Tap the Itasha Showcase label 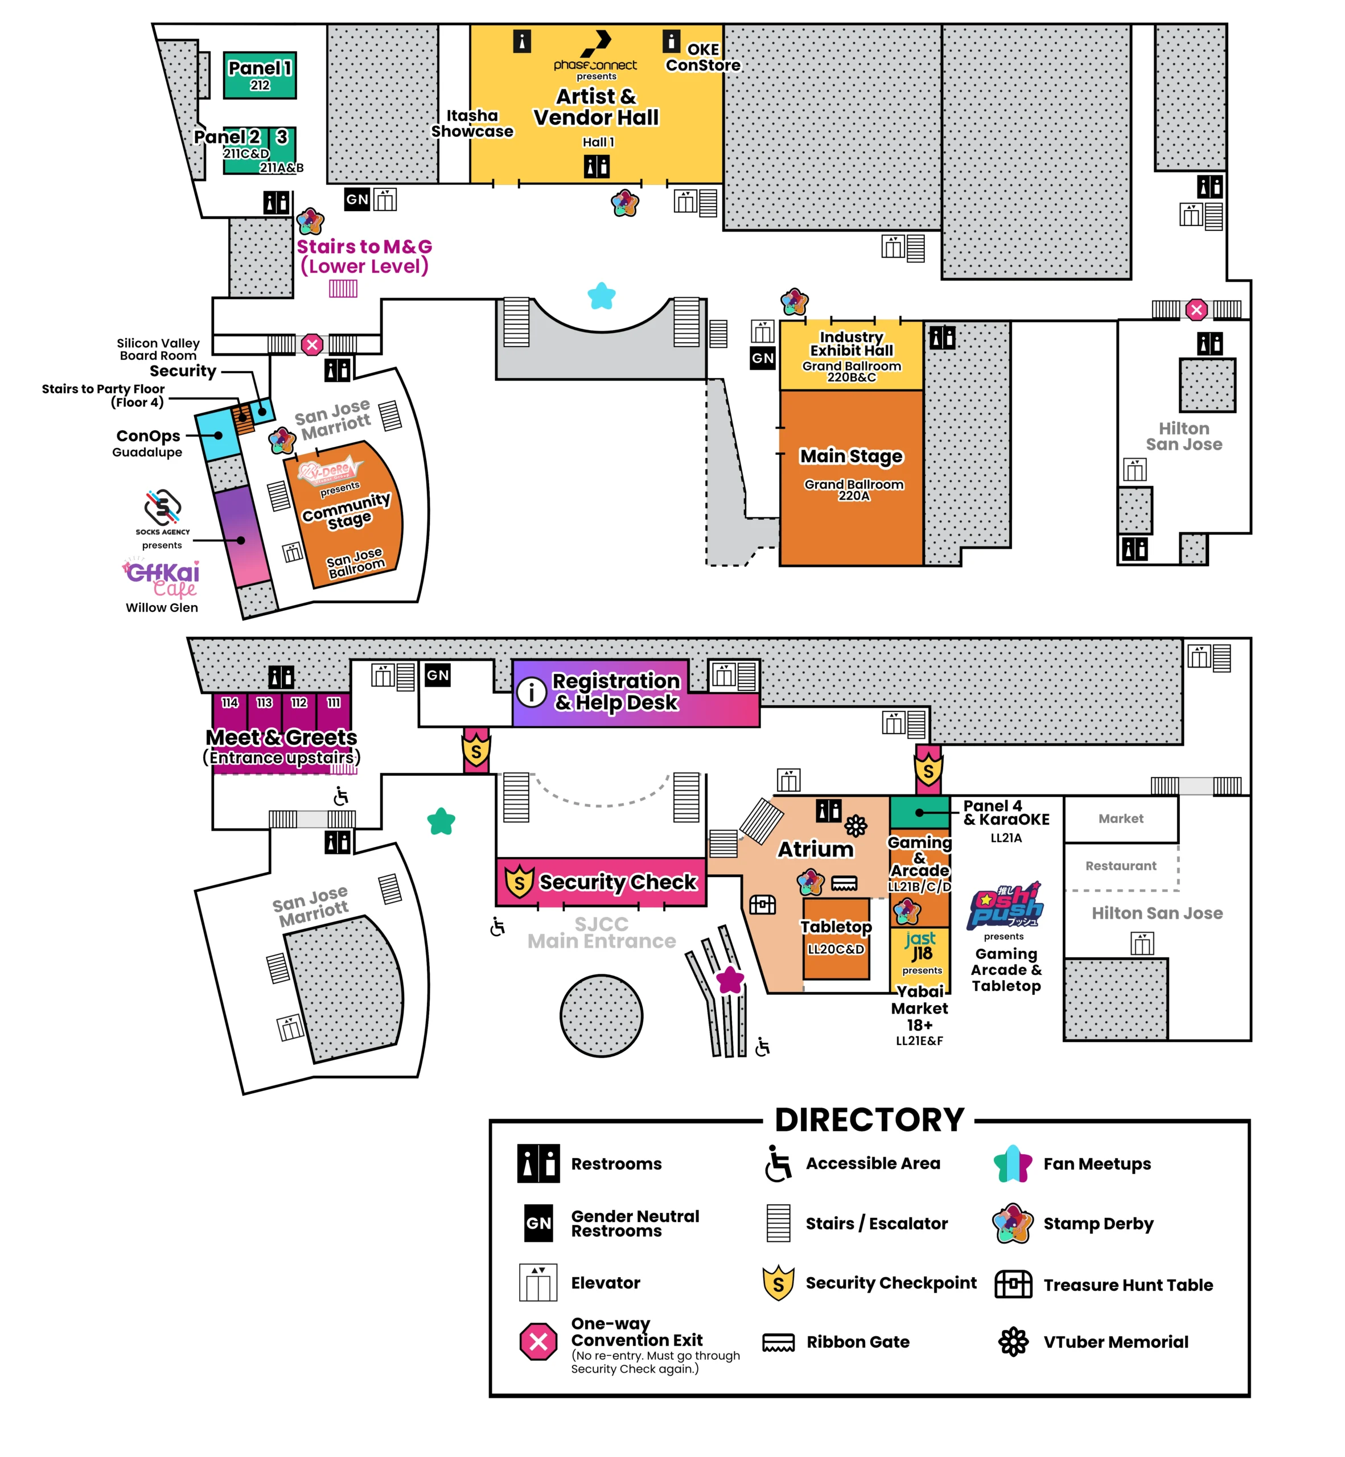pyautogui.click(x=472, y=123)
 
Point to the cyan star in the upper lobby pyautogui.click(x=601, y=295)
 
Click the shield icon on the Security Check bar pyautogui.click(x=519, y=882)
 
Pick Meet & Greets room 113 pyautogui.click(x=264, y=703)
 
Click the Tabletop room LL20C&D pyautogui.click(x=836, y=937)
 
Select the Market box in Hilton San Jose pyautogui.click(x=1120, y=819)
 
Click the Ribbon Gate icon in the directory pyautogui.click(x=778, y=1343)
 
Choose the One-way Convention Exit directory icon pyautogui.click(x=538, y=1342)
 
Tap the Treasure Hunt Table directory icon pyautogui.click(x=1013, y=1284)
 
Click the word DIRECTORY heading pyautogui.click(x=869, y=1120)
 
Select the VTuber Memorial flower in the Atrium pyautogui.click(x=856, y=825)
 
